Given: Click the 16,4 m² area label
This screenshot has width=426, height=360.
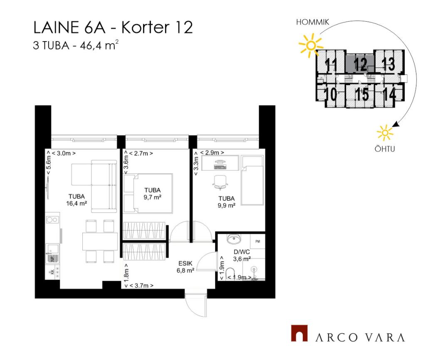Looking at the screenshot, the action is [77, 203].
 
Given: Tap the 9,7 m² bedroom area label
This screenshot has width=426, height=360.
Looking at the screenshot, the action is [152, 197].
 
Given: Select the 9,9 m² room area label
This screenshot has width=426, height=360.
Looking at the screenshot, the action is [226, 205].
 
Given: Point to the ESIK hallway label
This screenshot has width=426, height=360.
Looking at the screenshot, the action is [185, 263].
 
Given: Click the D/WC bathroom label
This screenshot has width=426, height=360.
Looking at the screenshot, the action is [242, 252].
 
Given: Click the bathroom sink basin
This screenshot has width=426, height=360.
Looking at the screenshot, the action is [234, 239].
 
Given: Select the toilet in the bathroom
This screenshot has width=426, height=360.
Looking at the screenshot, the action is [230, 274].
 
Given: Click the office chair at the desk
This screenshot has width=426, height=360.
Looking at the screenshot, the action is [220, 182].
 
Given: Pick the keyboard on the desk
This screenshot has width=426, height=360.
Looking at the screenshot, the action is [220, 167].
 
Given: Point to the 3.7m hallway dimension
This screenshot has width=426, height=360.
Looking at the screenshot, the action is [141, 286].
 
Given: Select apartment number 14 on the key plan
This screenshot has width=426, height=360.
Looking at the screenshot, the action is [389, 94].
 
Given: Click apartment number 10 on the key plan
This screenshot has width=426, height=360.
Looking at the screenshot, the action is [330, 94].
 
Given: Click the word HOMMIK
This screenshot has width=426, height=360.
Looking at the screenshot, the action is [312, 22].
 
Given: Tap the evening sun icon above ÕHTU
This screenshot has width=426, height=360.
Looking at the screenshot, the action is [385, 133].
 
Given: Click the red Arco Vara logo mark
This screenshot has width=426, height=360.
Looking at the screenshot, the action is [300, 333].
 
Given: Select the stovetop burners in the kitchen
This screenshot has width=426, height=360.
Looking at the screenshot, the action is [52, 219].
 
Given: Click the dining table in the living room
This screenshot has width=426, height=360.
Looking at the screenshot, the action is [100, 241].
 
